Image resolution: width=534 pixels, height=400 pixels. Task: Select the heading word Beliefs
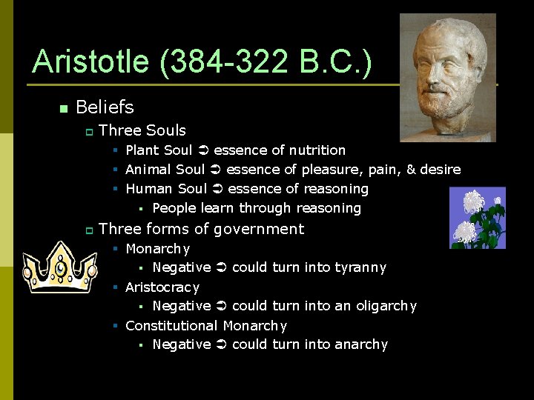[105, 107]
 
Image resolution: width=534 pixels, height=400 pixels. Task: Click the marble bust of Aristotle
[447, 77]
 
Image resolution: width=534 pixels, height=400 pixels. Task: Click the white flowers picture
[477, 218]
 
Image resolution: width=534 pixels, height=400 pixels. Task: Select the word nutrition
[317, 150]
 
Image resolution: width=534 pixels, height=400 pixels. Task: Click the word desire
[440, 170]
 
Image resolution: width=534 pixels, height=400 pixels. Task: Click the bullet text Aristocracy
[162, 287]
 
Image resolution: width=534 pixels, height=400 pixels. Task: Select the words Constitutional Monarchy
[206, 325]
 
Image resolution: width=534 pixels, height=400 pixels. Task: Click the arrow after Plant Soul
[203, 150]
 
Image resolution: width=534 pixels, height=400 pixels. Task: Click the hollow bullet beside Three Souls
[88, 131]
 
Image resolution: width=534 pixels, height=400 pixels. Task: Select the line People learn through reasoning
[256, 208]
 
